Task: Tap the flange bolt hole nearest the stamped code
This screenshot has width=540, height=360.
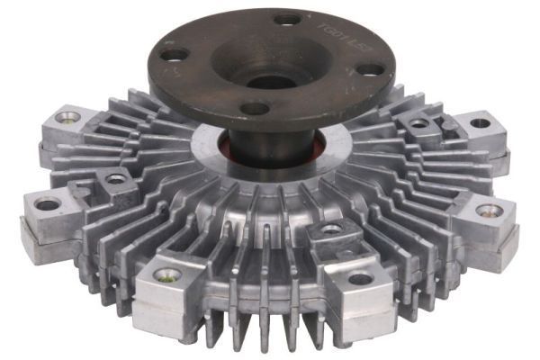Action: pyautogui.click(x=287, y=19)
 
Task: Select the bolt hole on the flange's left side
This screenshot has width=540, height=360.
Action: pyautogui.click(x=171, y=55)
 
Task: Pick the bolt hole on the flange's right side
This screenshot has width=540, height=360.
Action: pyautogui.click(x=367, y=68)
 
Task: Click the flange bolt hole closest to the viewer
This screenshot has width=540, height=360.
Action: pyautogui.click(x=256, y=108)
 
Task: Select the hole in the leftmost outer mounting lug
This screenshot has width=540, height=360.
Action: pyautogui.click(x=47, y=203)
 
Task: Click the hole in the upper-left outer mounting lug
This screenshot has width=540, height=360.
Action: pyautogui.click(x=67, y=116)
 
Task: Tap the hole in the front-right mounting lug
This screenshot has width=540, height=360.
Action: pyautogui.click(x=360, y=278)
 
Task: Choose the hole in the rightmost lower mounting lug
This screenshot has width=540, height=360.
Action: pyautogui.click(x=490, y=211)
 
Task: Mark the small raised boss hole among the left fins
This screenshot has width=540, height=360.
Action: pyautogui.click(x=116, y=179)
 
